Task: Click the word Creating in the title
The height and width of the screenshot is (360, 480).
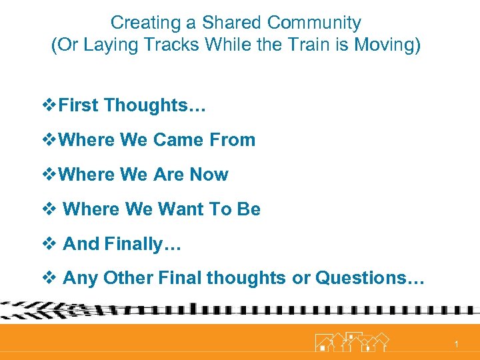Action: [137, 23]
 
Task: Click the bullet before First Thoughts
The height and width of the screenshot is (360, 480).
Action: [49, 105]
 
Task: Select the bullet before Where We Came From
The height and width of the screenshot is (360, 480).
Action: [49, 140]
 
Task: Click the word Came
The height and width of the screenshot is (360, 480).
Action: [178, 140]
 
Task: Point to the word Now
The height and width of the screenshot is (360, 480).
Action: [209, 175]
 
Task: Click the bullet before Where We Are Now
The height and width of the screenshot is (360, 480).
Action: [49, 175]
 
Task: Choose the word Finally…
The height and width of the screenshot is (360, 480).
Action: [143, 244]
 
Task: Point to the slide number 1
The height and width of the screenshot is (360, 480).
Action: [456, 344]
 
